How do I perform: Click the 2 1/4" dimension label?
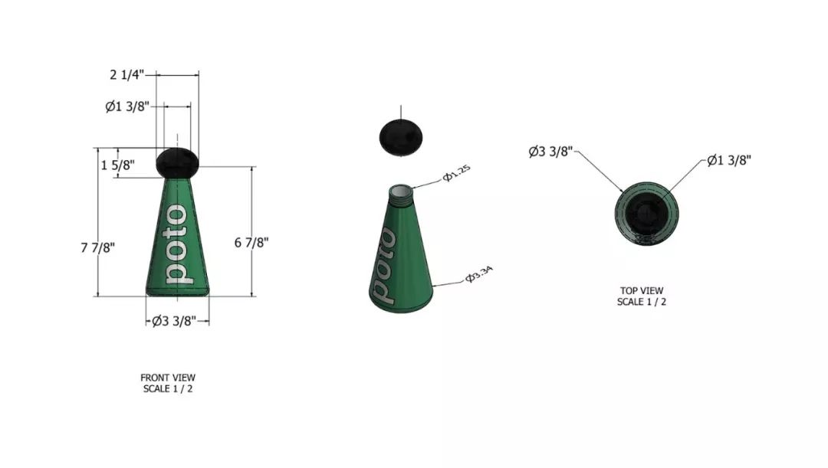coord(127,74)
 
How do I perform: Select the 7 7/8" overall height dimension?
coord(97,247)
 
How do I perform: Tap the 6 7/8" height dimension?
coord(251,242)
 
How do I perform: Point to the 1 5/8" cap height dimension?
coord(118,165)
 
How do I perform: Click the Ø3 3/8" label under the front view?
coord(174,320)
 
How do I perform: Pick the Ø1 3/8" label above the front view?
coord(127,106)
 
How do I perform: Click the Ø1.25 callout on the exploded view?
coord(456,173)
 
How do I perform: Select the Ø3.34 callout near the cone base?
coord(479,274)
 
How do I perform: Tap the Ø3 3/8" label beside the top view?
coord(550,152)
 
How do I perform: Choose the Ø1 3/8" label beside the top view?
coord(729,160)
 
